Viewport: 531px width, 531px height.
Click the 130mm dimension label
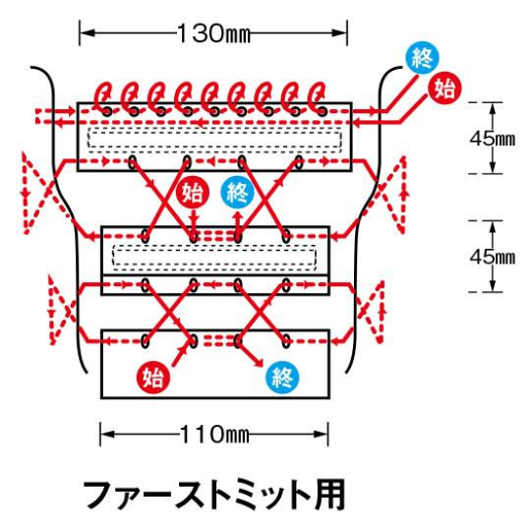pyautogui.click(x=213, y=33)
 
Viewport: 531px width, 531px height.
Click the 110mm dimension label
pyautogui.click(x=214, y=435)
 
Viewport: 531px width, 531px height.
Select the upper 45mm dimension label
pyautogui.click(x=493, y=139)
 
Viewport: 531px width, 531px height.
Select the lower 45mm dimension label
pyautogui.click(x=493, y=257)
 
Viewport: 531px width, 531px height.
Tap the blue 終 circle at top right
pyautogui.click(x=422, y=58)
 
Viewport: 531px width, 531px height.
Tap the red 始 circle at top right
pyautogui.click(x=444, y=88)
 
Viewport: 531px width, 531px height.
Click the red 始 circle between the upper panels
pyautogui.click(x=193, y=192)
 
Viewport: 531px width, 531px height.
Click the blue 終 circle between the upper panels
pyautogui.click(x=237, y=192)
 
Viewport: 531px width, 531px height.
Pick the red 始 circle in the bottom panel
pyautogui.click(x=153, y=377)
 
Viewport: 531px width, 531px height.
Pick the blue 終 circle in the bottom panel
pyautogui.click(x=282, y=377)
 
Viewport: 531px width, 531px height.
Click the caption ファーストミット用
pyautogui.click(x=214, y=495)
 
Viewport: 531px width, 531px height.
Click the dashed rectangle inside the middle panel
pyautogui.click(x=214, y=245)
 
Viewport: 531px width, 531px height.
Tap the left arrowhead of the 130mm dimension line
pyautogui.click(x=87, y=32)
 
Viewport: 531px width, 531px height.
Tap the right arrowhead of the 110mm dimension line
pyautogui.click(x=321, y=435)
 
